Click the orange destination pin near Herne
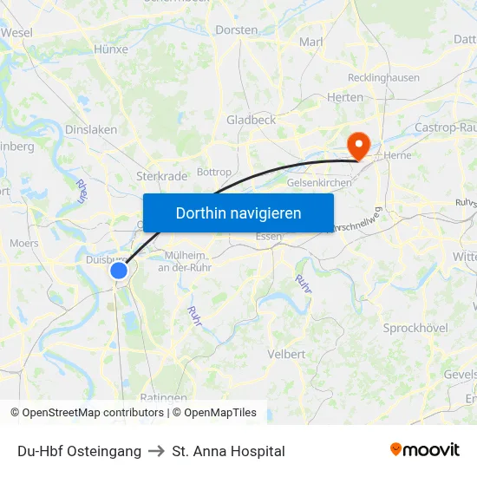[356, 143]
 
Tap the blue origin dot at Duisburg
[120, 271]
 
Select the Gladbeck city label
[251, 121]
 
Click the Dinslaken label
[91, 130]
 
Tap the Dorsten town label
[236, 29]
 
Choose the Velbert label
[286, 354]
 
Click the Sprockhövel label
[415, 329]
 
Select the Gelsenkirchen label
[318, 183]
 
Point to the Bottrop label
[215, 173]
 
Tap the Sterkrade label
[162, 176]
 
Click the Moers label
[24, 244]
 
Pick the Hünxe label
[110, 49]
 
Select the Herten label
[345, 97]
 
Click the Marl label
[310, 42]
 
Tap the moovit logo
[424, 450]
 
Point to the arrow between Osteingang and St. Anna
[157, 451]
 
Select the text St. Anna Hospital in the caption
[228, 451]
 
